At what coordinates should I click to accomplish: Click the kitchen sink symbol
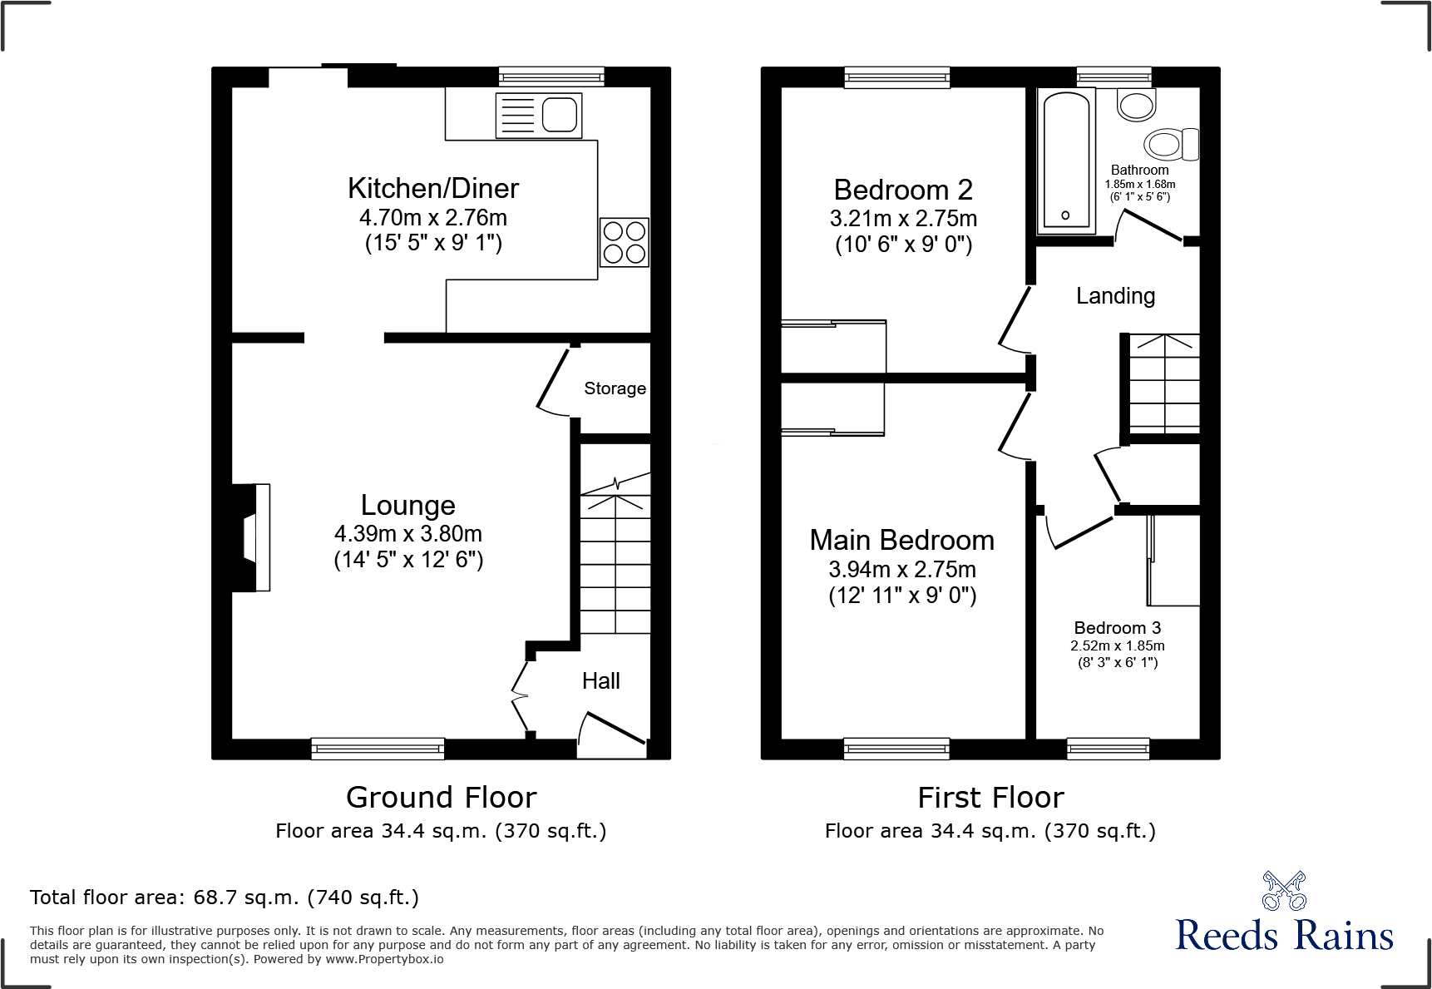(x=539, y=115)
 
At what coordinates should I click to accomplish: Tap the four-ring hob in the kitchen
(x=624, y=242)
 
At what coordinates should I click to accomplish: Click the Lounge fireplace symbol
(x=252, y=537)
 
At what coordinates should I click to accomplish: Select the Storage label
(x=615, y=388)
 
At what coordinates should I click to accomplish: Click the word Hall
(x=600, y=681)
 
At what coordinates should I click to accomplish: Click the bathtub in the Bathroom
(x=1065, y=161)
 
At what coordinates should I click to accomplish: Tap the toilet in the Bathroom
(x=1169, y=144)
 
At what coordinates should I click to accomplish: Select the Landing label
(x=1115, y=296)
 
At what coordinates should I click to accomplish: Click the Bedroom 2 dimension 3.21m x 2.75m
(x=903, y=219)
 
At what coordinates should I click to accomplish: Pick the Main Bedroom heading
(x=901, y=541)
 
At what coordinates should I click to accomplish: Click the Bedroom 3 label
(x=1117, y=628)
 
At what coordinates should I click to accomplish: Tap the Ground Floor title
(x=441, y=797)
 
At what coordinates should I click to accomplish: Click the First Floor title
(x=990, y=797)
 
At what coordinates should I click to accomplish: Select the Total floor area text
(x=225, y=898)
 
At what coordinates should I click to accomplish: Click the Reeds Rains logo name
(x=1284, y=936)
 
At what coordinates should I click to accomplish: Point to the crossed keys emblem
(x=1284, y=891)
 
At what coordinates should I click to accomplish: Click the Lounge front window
(x=378, y=749)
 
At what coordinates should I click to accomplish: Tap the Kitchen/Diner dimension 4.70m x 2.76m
(x=433, y=218)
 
